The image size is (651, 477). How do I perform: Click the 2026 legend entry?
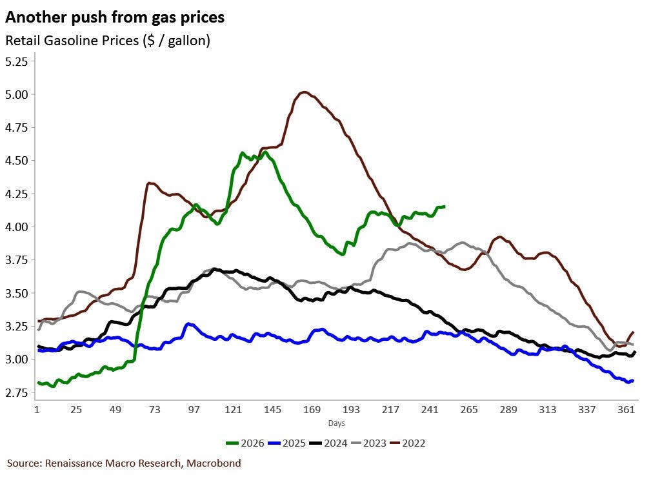pos(245,443)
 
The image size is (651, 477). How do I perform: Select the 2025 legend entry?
pos(287,443)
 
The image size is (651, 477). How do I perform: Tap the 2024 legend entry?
pos(328,443)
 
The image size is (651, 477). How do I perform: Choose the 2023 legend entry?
pos(368,443)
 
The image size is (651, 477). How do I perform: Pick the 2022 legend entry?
pos(408,443)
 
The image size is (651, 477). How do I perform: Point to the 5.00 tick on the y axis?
pos(17,95)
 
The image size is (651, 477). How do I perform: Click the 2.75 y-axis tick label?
pos(17,392)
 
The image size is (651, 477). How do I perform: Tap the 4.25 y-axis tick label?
pos(17,194)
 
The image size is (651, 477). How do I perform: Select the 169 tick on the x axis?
pos(312,410)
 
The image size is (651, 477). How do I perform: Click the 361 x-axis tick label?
pos(626,410)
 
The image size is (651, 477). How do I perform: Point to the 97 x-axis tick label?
pos(194,410)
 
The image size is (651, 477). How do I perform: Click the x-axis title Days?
pos(336,423)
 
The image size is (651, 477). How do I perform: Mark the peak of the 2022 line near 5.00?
pos(304,92)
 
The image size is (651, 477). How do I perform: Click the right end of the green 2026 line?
pos(445,207)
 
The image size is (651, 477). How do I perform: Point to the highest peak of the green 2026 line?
pos(243,153)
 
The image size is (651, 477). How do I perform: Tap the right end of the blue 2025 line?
pos(633,381)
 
